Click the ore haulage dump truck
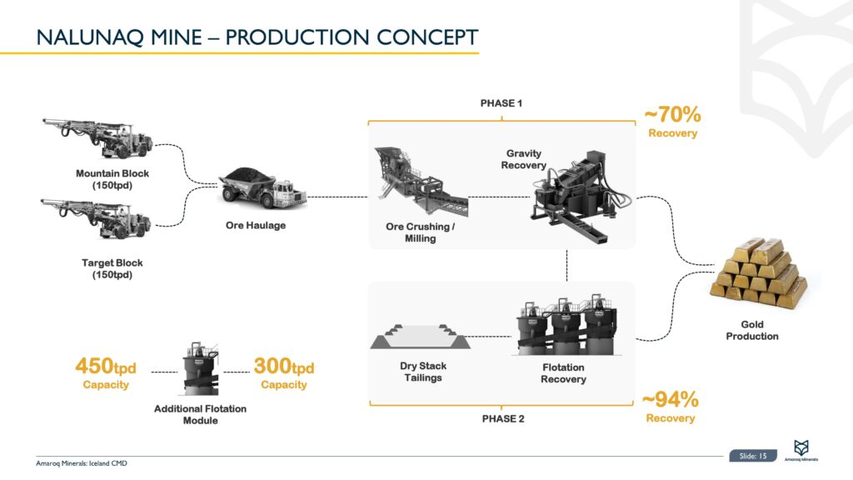click(x=262, y=188)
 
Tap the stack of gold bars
click(x=758, y=273)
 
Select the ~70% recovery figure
click(x=672, y=115)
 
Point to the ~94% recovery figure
click(x=671, y=399)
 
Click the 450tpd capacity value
click(x=106, y=367)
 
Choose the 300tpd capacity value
click(x=283, y=367)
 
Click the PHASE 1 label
click(x=501, y=103)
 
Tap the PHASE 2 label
click(x=503, y=418)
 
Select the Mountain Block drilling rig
click(x=98, y=137)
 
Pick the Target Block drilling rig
click(x=97, y=219)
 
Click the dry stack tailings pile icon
click(x=421, y=337)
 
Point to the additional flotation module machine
click(x=201, y=369)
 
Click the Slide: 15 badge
click(x=753, y=456)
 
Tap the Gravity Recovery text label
click(x=523, y=159)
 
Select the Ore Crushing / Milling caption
click(x=420, y=232)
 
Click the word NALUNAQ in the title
click(x=90, y=37)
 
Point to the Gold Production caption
click(x=752, y=330)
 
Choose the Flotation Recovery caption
click(x=563, y=373)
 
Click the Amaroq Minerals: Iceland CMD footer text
click(x=82, y=463)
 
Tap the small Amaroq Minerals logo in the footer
click(x=801, y=451)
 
